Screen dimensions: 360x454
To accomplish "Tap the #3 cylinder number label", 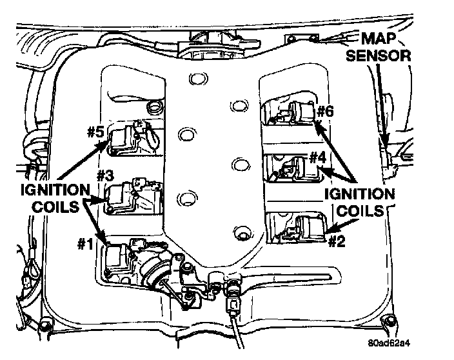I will coord(105,175).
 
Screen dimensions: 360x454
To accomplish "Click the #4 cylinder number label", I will coord(317,157).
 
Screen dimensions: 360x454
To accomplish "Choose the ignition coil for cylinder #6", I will coord(302,112).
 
